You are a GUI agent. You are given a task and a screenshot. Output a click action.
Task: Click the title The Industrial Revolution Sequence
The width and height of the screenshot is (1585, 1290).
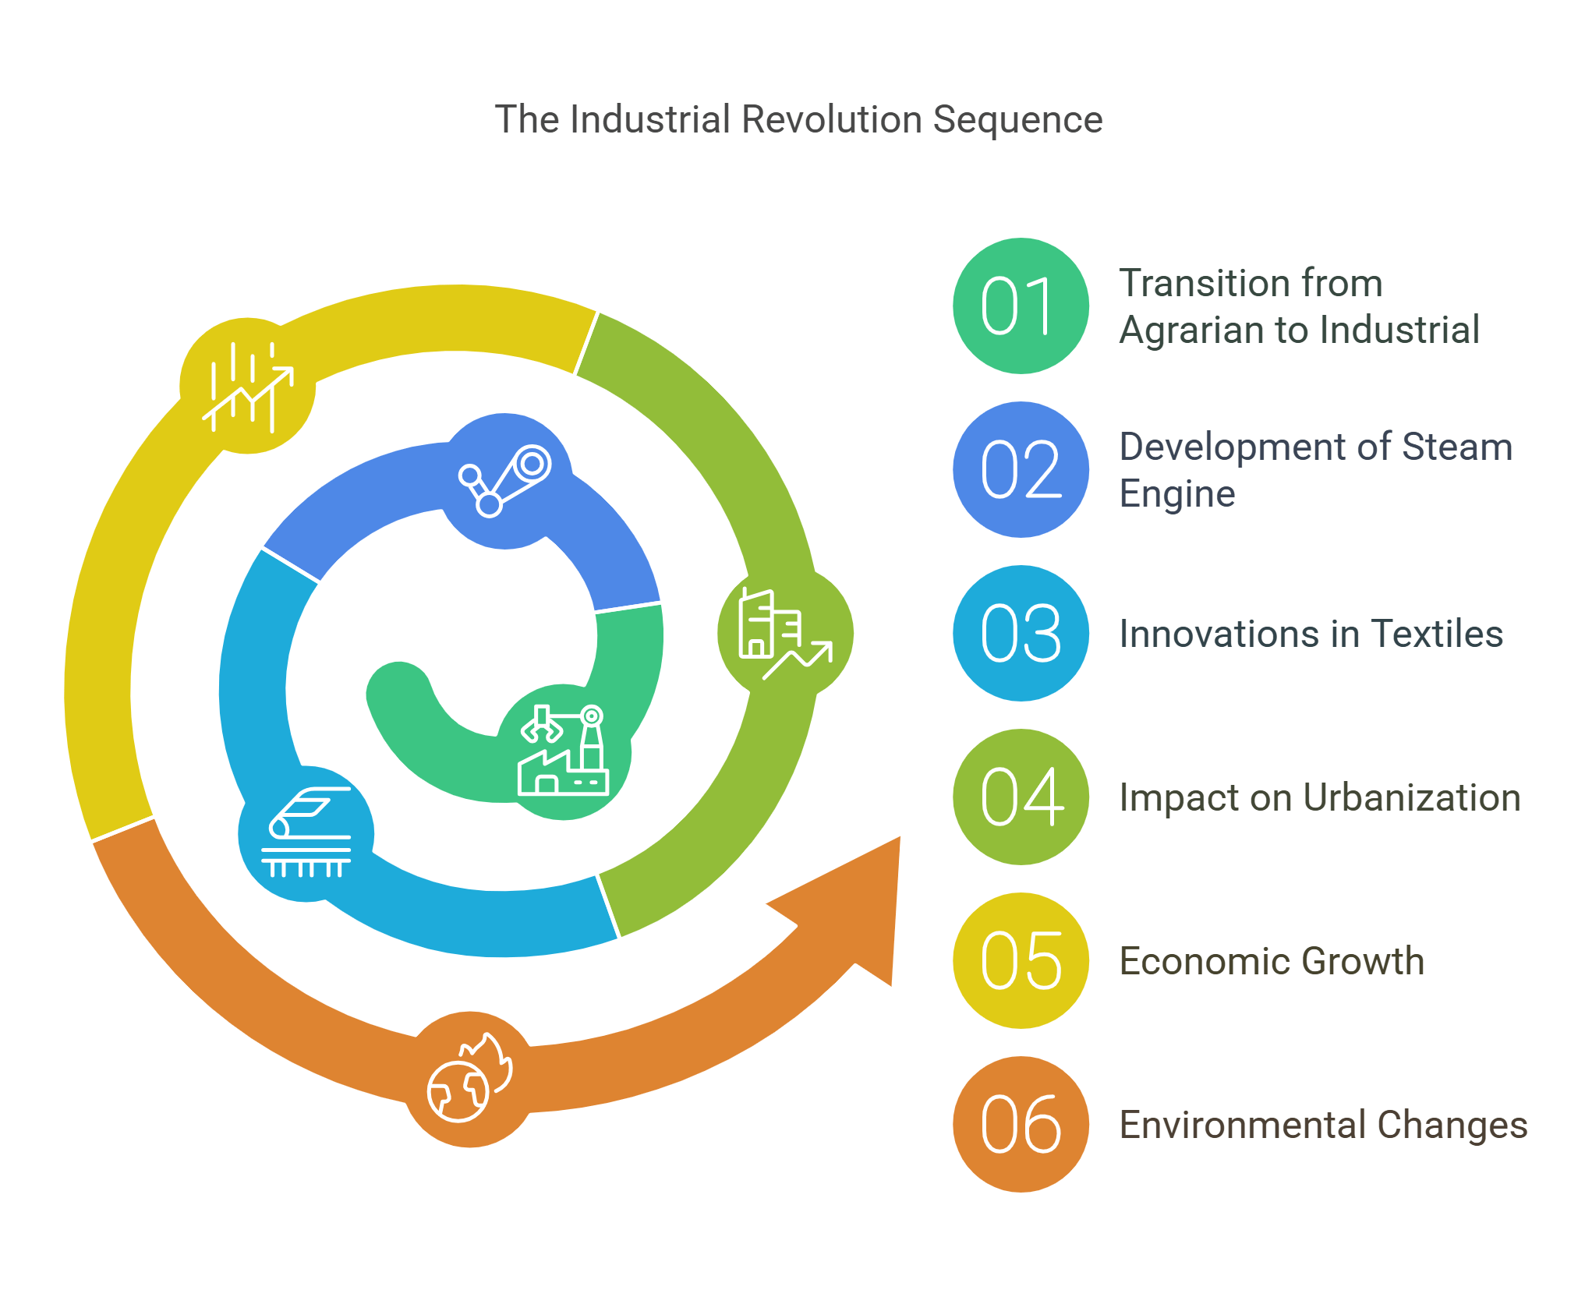coord(798,120)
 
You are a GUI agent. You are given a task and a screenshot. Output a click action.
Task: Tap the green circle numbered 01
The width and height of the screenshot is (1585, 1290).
coord(1021,306)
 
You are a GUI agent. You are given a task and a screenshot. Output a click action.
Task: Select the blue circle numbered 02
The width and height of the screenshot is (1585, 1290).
coord(1021,470)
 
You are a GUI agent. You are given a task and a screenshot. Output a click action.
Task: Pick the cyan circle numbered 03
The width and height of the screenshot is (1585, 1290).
coord(1021,634)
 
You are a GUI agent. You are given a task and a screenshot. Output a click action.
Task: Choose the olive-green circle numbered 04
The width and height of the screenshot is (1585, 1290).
coord(1021,797)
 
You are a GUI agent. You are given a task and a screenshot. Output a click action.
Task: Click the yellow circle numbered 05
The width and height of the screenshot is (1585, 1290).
coord(1021,961)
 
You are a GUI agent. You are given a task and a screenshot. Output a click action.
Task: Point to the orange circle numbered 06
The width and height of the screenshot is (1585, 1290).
coord(1021,1125)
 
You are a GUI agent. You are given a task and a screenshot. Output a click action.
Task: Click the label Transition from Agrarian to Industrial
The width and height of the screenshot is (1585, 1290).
coord(1298,306)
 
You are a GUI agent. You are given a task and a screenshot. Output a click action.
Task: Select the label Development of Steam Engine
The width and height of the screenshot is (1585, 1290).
coord(1315,470)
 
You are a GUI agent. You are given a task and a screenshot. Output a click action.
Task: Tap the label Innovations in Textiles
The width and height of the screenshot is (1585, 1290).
coord(1311,634)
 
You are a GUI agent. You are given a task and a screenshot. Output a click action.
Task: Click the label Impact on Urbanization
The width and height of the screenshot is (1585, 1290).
coord(1319,797)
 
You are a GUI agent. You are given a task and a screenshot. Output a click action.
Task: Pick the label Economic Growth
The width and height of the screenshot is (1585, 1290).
coord(1271,961)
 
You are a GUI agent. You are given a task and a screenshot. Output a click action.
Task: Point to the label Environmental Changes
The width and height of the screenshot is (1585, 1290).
coord(1323,1125)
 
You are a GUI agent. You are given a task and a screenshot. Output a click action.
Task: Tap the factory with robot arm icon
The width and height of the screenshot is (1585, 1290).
coord(564,751)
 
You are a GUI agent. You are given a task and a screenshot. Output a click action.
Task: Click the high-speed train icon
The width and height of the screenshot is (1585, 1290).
coord(306,833)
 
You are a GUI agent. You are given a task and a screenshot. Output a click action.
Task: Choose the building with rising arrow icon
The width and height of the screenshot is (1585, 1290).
coord(784,634)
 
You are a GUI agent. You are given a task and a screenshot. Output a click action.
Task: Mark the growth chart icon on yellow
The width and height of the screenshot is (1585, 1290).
coord(248,387)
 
